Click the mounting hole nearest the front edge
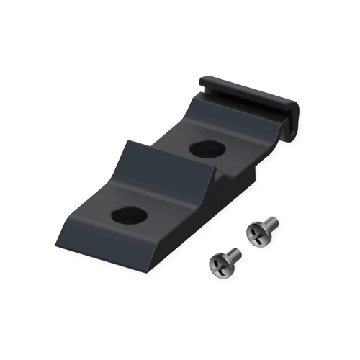coord(130,214)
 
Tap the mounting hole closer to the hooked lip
coord(207,149)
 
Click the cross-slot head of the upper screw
coord(256,233)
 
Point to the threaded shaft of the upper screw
coord(271,224)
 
